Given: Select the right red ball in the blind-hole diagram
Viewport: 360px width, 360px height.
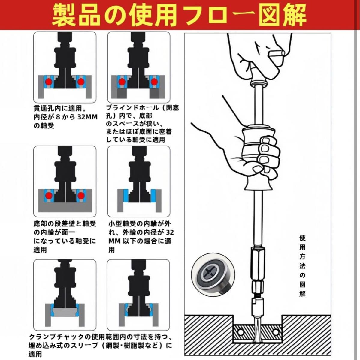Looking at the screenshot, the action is click(154, 82).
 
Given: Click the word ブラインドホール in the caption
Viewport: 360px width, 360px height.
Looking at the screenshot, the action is click(132, 108).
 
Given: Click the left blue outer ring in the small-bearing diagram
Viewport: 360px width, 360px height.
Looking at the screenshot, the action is click(126, 196).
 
